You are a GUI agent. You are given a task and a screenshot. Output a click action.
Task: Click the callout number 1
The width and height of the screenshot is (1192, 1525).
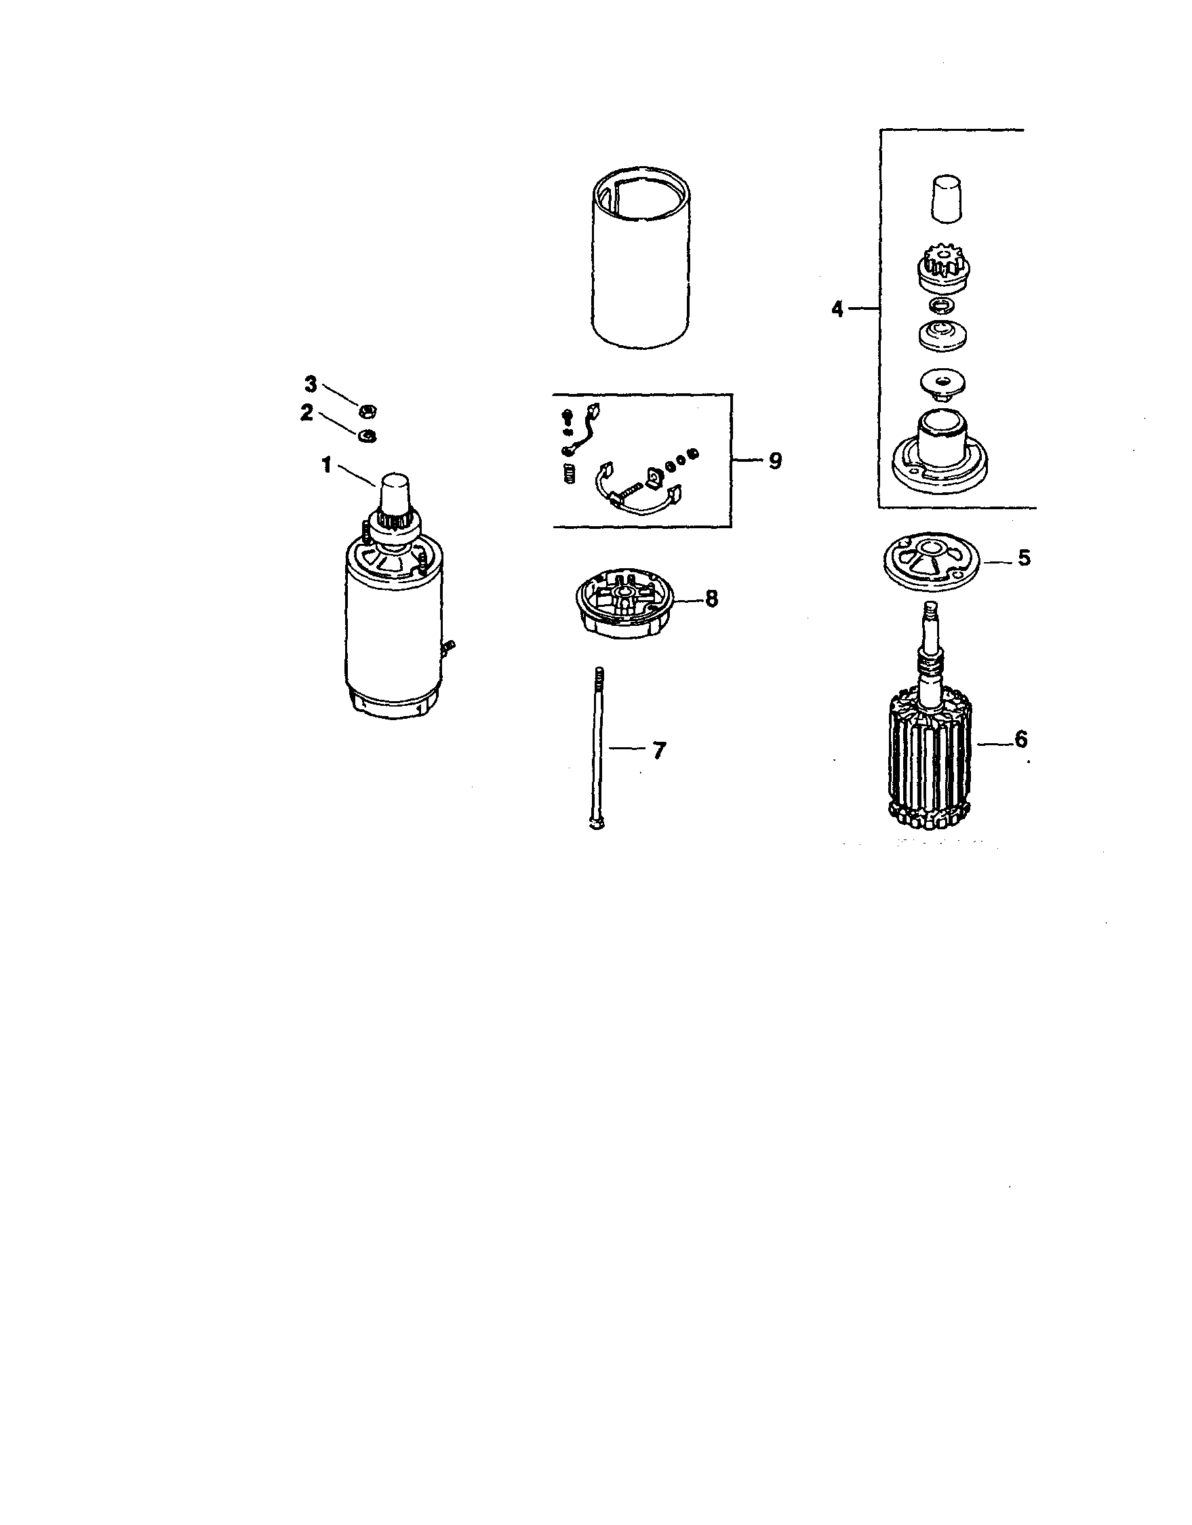[326, 465]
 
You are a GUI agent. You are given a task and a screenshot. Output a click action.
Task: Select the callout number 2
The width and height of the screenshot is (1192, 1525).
[306, 414]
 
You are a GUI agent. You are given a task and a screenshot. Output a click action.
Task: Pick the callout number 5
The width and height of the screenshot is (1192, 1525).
[1024, 558]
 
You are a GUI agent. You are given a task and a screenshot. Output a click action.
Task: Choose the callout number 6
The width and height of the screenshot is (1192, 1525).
[1021, 738]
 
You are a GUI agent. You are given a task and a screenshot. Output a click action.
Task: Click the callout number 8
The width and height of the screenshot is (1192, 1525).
[711, 599]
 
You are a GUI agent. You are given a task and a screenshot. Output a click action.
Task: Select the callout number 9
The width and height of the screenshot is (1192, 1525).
[775, 461]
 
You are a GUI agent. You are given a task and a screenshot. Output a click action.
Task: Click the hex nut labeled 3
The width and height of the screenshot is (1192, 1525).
[366, 408]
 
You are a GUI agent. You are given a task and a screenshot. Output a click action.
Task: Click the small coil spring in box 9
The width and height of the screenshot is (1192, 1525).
[570, 476]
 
